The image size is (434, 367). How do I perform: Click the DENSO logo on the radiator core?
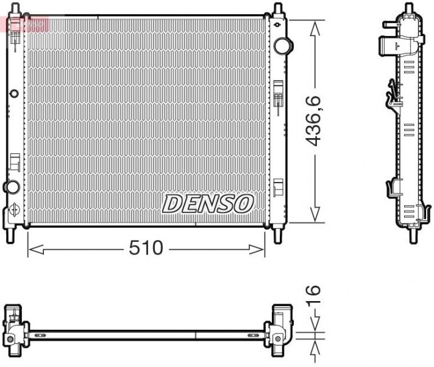207,203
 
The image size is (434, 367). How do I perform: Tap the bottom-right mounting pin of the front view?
278,235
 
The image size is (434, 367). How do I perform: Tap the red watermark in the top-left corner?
24,24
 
